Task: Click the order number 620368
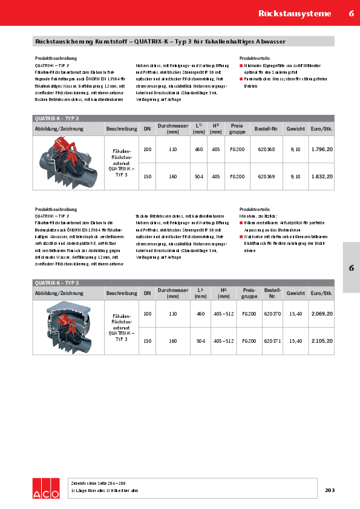266,149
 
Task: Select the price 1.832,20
322,177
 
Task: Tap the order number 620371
273,342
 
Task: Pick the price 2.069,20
322,314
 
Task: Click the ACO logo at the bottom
46,487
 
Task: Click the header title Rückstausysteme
295,13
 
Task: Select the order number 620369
266,177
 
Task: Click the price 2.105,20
322,342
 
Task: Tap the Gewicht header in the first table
296,129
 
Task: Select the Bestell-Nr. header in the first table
266,129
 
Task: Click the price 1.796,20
322,149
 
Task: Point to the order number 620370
273,314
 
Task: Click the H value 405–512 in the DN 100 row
224,314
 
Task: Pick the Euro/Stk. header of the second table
322,293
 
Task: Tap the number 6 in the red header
351,13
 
